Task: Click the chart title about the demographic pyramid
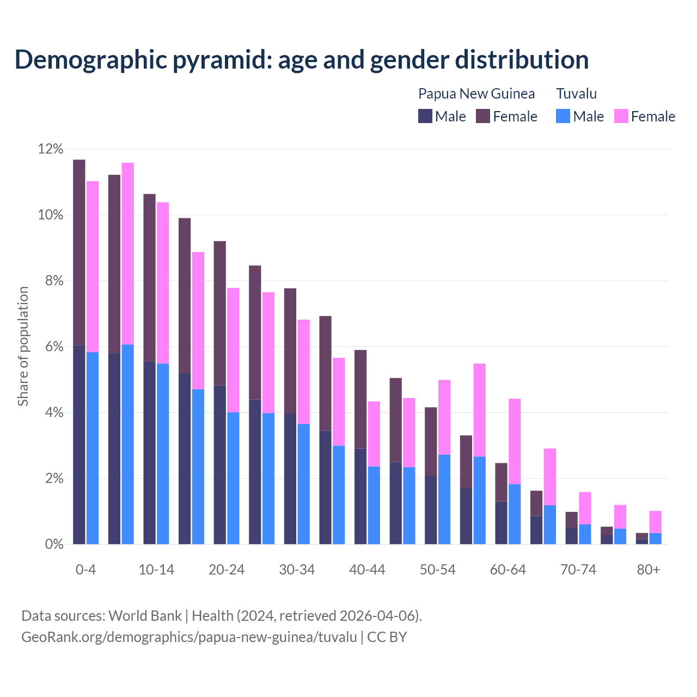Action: pyautogui.click(x=302, y=60)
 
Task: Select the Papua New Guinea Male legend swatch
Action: pyautogui.click(x=425, y=116)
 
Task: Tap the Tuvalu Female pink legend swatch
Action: pyautogui.click(x=621, y=116)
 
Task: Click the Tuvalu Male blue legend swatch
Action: pyautogui.click(x=563, y=116)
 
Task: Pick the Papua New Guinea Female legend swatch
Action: pyautogui.click(x=483, y=116)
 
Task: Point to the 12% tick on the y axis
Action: pyautogui.click(x=51, y=149)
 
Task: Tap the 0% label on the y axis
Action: pyautogui.click(x=53, y=544)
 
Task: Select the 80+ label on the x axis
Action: pyautogui.click(x=649, y=570)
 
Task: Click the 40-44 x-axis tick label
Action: pyautogui.click(x=367, y=570)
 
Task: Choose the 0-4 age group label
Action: pyautogui.click(x=86, y=570)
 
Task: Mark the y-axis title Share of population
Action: pyautogui.click(x=23, y=346)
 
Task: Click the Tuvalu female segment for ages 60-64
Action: pyautogui.click(x=515, y=441)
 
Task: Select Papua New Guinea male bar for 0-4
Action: pyautogui.click(x=79, y=444)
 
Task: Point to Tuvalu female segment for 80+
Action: pyautogui.click(x=656, y=522)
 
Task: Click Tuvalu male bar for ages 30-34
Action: pyautogui.click(x=304, y=484)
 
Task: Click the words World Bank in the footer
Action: pyautogui.click(x=145, y=616)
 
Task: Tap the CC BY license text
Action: pyautogui.click(x=387, y=637)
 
